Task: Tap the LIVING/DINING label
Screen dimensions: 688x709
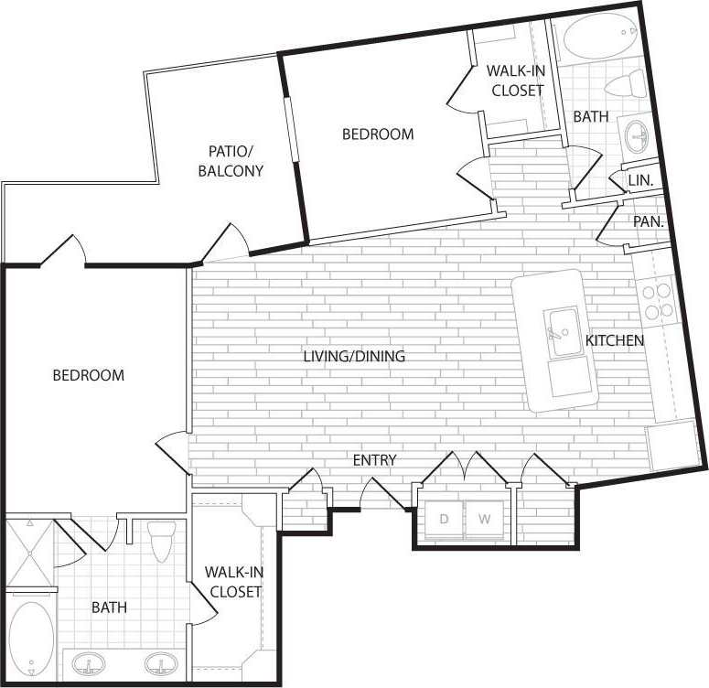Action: (x=354, y=356)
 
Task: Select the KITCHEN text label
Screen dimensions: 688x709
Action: (x=615, y=340)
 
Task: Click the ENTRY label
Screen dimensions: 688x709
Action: (x=375, y=459)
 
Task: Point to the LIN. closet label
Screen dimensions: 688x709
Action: (x=640, y=181)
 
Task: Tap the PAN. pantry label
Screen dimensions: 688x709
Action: (x=648, y=221)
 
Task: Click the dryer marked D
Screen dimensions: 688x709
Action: (x=445, y=520)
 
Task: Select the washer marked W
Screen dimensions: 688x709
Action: (x=484, y=520)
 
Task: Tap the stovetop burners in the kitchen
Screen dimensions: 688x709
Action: (x=658, y=301)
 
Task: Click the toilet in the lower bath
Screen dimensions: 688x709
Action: (x=162, y=542)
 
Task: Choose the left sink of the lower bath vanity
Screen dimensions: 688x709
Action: (x=89, y=662)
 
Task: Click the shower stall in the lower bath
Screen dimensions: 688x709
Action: (x=30, y=554)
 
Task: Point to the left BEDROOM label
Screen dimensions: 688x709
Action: (x=88, y=375)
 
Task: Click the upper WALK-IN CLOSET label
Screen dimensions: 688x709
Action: (x=517, y=80)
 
